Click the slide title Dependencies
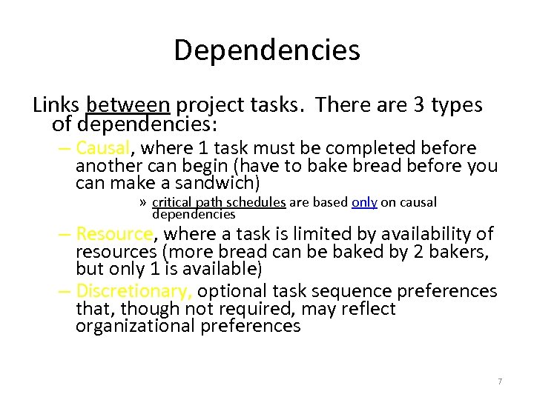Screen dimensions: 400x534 pos(267,50)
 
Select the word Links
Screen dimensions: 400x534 pos(56,105)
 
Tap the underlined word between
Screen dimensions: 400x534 pos(128,105)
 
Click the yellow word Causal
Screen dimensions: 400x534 pos(103,148)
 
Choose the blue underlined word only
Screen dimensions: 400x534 pos(364,202)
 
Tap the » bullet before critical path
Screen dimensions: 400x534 pos(143,202)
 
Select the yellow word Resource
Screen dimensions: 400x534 pos(114,234)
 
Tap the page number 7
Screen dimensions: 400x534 pos(500,381)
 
